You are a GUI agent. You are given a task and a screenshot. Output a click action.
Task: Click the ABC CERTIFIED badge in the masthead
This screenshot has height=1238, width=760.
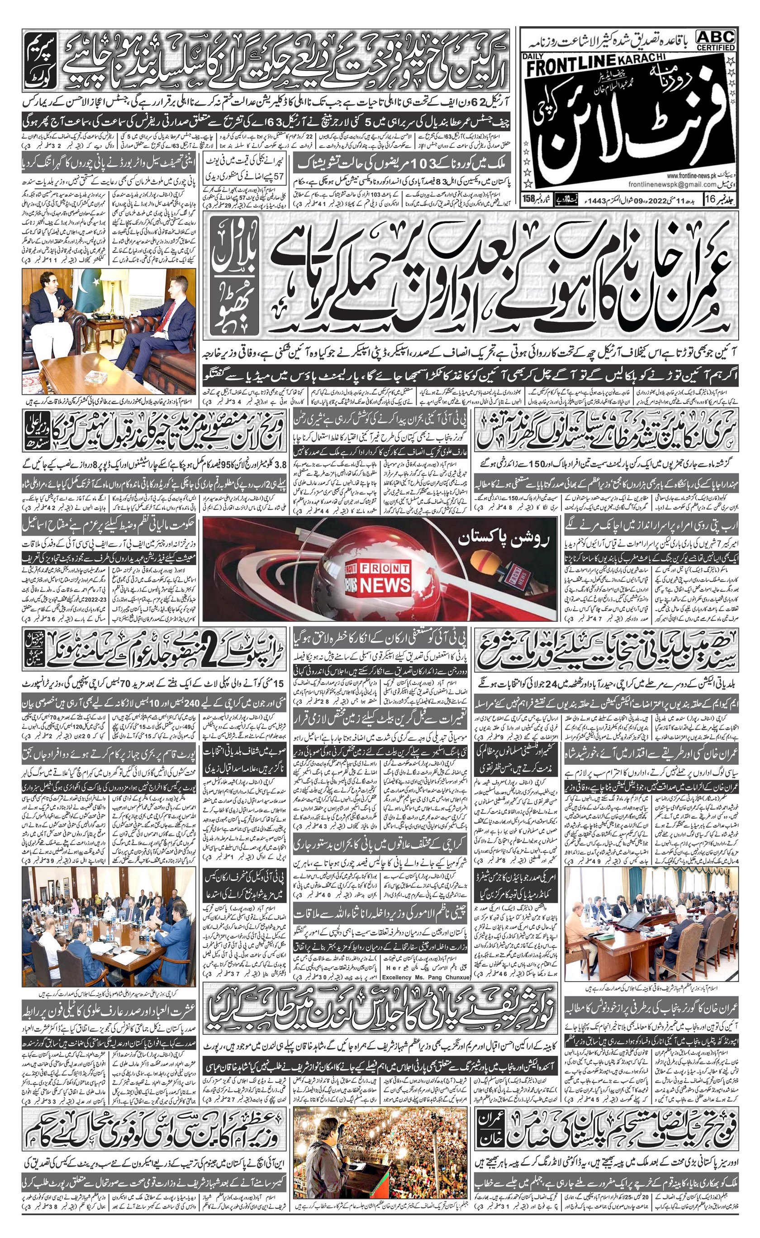pos(715,39)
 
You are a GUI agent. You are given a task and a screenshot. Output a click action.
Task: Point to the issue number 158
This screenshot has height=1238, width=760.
pos(528,198)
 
